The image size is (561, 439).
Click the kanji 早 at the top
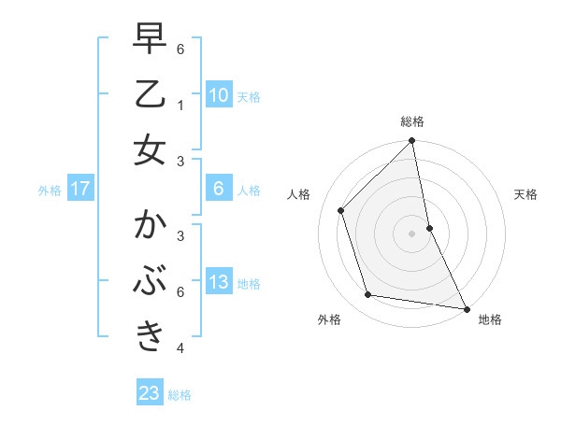coord(150,41)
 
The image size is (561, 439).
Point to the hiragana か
coord(150,227)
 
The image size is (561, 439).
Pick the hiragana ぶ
coord(150,281)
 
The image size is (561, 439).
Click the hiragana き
coord(150,336)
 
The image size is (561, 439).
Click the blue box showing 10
coord(219,95)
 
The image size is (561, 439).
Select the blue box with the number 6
coord(219,189)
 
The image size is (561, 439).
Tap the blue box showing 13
coord(219,282)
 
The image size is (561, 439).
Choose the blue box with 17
coord(80,189)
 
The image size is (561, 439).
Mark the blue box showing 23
coord(150,393)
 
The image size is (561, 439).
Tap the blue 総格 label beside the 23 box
coord(180,395)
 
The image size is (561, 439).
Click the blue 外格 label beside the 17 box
coord(50,191)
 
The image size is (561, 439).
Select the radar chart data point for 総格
coord(412,141)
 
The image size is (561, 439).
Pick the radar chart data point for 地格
coord(466,308)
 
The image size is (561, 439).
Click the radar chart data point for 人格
coord(341,210)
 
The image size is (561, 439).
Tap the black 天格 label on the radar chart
coord(525,194)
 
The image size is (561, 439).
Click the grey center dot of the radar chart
coord(412,233)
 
